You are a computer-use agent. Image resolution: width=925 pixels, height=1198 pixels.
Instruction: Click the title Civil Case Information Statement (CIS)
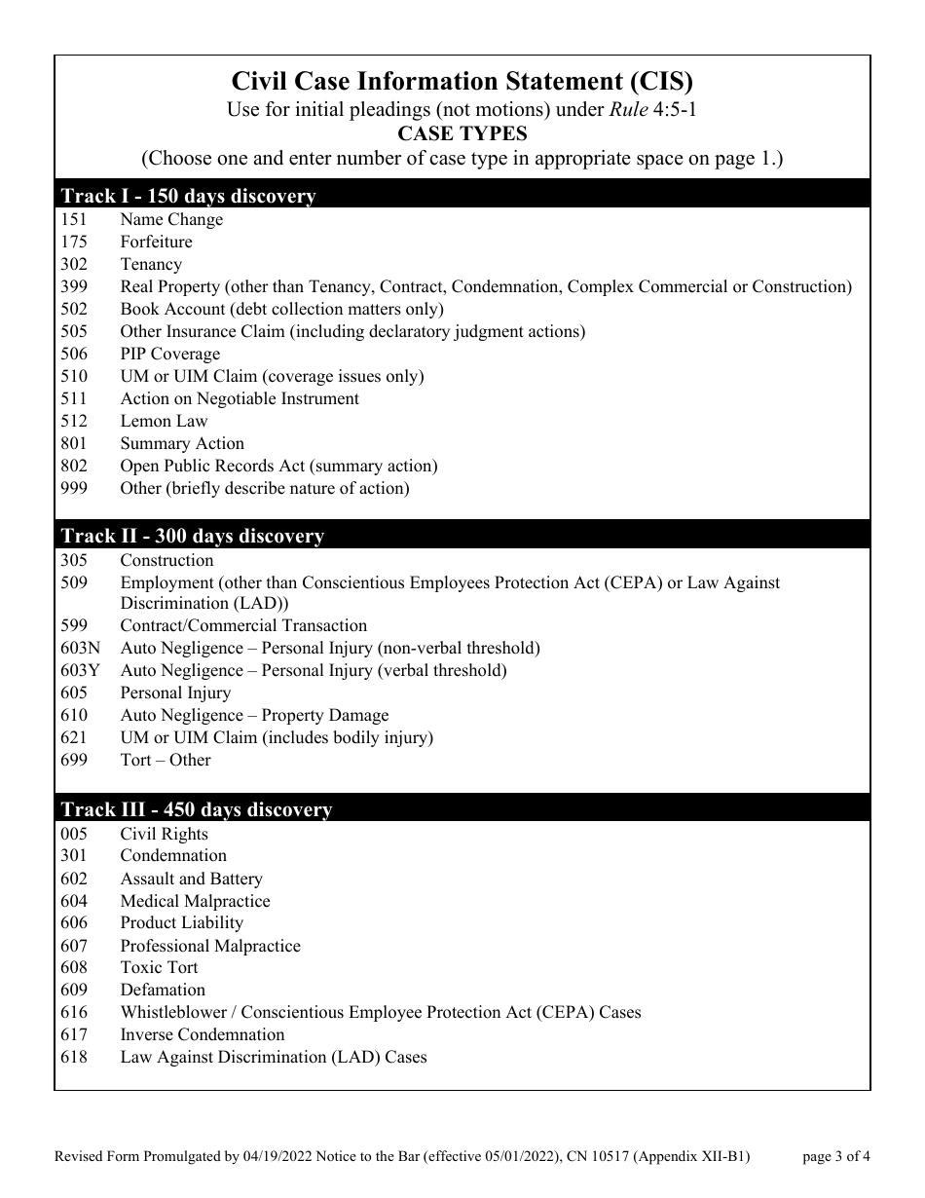[x=462, y=81]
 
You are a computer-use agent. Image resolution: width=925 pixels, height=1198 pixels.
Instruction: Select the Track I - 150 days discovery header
[x=189, y=196]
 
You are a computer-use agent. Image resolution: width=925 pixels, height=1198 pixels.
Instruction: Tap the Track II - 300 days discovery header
[x=193, y=536]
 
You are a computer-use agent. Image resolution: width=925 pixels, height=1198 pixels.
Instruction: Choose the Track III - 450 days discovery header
[x=197, y=809]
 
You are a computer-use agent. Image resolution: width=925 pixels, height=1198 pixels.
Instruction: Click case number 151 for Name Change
[x=74, y=220]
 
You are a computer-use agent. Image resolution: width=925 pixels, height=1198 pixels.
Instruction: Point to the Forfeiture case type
[x=156, y=243]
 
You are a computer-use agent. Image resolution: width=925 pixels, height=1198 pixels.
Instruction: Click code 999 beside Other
[x=74, y=489]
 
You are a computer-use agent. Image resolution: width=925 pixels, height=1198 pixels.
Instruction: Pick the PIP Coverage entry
[x=170, y=355]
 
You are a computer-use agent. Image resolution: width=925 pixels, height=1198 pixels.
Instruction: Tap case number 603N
[x=81, y=649]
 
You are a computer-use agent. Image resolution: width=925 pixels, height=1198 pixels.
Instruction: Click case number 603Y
[x=81, y=671]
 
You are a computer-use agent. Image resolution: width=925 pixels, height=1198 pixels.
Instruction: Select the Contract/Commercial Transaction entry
[x=243, y=626]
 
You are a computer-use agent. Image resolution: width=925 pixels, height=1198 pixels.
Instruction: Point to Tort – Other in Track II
[x=166, y=761]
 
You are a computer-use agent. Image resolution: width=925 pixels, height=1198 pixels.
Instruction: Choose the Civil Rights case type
[x=164, y=835]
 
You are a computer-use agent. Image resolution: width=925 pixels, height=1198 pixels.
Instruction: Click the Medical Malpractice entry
[x=195, y=902]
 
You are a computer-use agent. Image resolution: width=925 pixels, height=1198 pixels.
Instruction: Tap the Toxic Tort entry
[x=159, y=968]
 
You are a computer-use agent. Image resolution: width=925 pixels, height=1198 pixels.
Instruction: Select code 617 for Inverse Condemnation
[x=74, y=1035]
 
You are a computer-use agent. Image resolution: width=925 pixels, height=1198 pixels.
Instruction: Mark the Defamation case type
[x=163, y=991]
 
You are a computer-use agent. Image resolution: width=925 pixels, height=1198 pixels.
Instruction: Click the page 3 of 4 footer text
[x=836, y=1158]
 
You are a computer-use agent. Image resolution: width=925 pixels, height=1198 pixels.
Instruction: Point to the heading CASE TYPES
[x=462, y=133]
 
